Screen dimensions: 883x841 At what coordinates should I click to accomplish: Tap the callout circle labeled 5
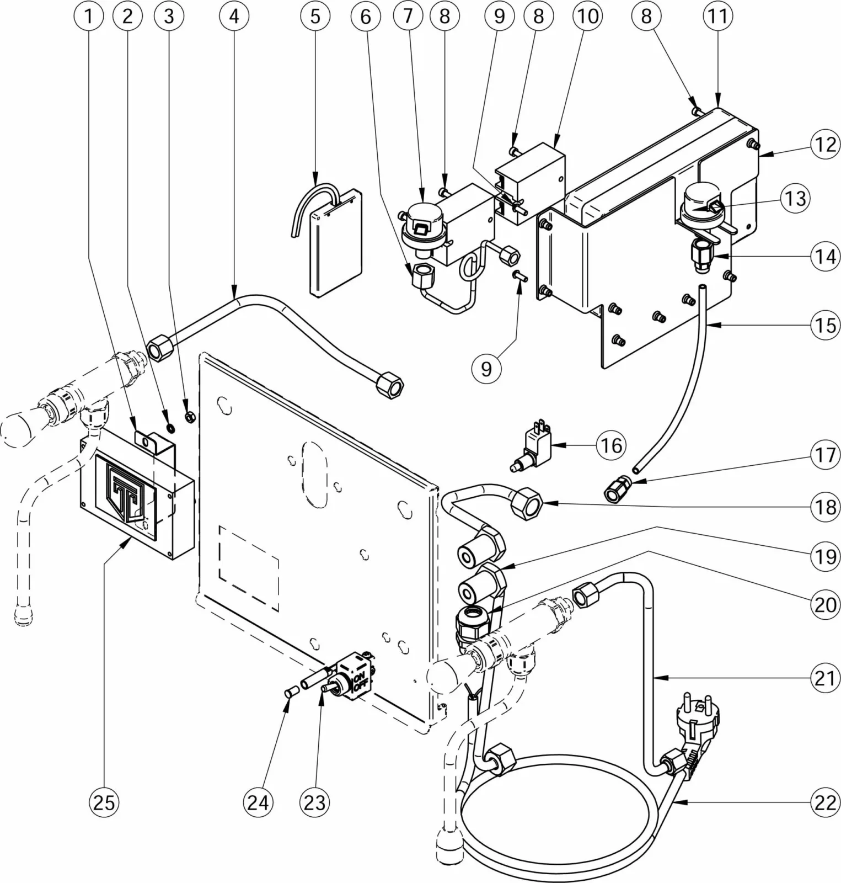(315, 16)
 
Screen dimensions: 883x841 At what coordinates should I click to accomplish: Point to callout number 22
(825, 802)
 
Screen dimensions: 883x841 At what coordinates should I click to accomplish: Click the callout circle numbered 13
(795, 198)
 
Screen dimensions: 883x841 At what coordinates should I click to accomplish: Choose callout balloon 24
(258, 801)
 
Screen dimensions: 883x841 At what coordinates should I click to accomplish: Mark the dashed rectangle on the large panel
(249, 568)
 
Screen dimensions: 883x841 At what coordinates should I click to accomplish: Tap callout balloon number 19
(825, 556)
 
